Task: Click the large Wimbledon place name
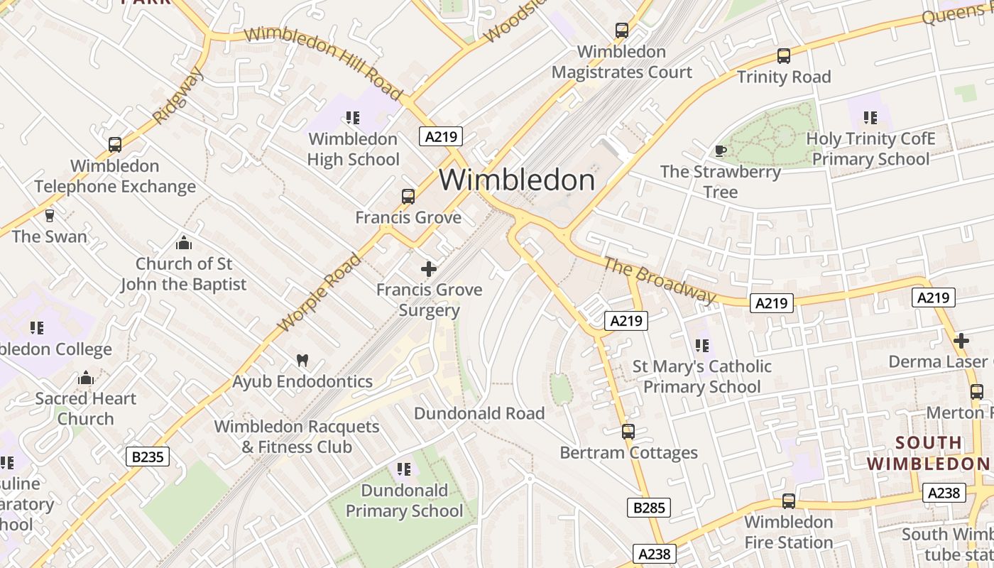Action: pyautogui.click(x=517, y=180)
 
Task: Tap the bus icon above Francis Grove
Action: pyautogui.click(x=408, y=197)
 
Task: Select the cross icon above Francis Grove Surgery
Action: pyautogui.click(x=429, y=269)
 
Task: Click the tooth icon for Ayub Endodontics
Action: pyautogui.click(x=302, y=361)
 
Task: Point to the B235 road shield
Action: pyautogui.click(x=148, y=457)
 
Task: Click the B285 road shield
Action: pyautogui.click(x=649, y=507)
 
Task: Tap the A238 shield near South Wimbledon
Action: pyautogui.click(x=944, y=493)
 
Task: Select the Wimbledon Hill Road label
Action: pyautogui.click(x=323, y=62)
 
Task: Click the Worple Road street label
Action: pyautogui.click(x=318, y=293)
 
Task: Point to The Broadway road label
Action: pyautogui.click(x=660, y=279)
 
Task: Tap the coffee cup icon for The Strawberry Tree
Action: pyautogui.click(x=720, y=151)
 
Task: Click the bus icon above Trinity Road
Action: pyautogui.click(x=784, y=56)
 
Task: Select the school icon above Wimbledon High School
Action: pyautogui.click(x=353, y=118)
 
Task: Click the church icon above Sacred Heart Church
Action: pyautogui.click(x=86, y=378)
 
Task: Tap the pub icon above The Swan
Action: pyautogui.click(x=50, y=215)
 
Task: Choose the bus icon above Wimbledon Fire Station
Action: pyautogui.click(x=788, y=501)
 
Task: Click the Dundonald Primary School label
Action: pyautogui.click(x=404, y=501)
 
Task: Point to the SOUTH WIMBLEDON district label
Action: pyautogui.click(x=928, y=454)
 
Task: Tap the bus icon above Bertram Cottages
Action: pyautogui.click(x=628, y=432)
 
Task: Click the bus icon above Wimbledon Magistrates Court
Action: pyautogui.click(x=622, y=31)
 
